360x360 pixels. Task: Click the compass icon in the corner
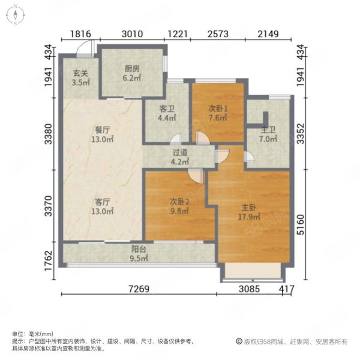(x=16, y=15)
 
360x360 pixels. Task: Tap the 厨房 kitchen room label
(x=132, y=68)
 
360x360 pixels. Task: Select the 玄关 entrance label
(x=80, y=73)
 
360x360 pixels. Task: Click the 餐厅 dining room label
(x=103, y=130)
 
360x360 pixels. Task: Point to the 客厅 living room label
(x=103, y=202)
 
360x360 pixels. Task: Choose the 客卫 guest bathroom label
(x=167, y=109)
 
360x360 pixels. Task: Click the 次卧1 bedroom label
(x=218, y=109)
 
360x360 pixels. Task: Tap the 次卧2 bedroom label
(x=179, y=202)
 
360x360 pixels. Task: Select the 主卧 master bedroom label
(x=248, y=208)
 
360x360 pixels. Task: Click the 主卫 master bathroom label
(x=268, y=130)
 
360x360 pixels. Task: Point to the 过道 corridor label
(x=180, y=152)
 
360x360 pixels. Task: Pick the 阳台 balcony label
(x=139, y=249)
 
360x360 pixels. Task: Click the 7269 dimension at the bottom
(x=139, y=289)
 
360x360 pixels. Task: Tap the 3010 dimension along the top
(x=132, y=34)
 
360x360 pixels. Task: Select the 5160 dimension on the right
(x=301, y=224)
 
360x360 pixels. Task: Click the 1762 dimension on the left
(x=49, y=260)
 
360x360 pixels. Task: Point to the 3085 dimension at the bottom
(x=250, y=289)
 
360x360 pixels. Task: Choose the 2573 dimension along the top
(x=218, y=34)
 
